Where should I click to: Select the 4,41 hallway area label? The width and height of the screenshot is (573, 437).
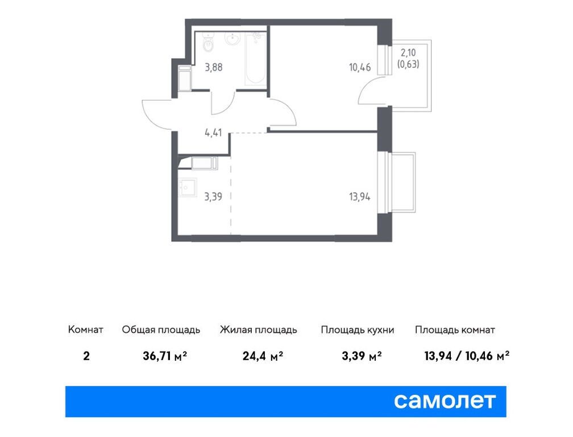coord(213,134)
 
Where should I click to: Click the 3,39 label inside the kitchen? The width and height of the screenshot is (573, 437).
coord(213,197)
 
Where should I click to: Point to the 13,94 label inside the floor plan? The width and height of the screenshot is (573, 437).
coord(359,197)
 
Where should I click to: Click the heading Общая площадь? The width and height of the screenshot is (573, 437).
coord(161,330)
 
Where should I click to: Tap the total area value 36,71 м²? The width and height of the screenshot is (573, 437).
coord(165,357)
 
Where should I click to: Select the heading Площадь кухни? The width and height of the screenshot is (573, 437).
coord(357,330)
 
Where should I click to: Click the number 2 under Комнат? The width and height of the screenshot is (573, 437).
coord(86,357)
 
